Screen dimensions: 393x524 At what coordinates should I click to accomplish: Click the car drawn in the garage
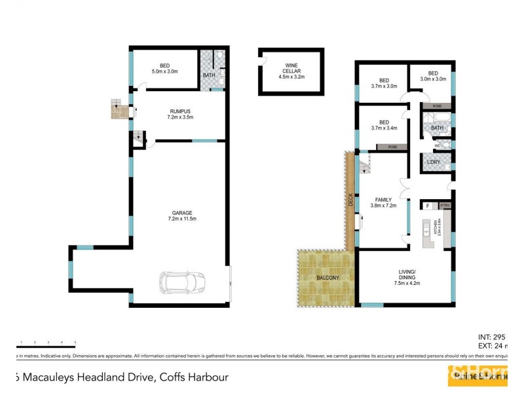[x=183, y=283]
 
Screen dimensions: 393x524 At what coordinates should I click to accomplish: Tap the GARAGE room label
[x=182, y=213]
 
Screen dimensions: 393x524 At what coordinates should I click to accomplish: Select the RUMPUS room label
[x=180, y=111]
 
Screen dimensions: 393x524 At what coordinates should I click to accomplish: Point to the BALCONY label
[x=327, y=278]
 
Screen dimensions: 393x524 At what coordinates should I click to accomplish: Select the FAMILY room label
[x=383, y=199]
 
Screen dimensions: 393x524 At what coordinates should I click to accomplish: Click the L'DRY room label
[x=433, y=162]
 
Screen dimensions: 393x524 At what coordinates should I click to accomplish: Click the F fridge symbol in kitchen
[x=428, y=206]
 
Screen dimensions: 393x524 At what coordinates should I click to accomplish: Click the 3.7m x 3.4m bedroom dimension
[x=384, y=128]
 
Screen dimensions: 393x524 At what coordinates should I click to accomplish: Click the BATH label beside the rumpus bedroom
[x=208, y=75]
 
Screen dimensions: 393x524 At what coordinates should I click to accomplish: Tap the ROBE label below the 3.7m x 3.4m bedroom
[x=392, y=147]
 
